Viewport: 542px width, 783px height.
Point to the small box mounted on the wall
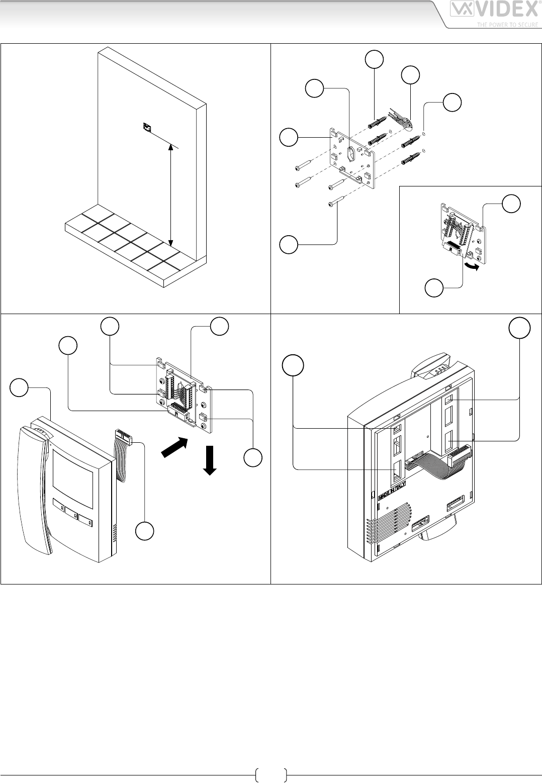pyautogui.click(x=147, y=128)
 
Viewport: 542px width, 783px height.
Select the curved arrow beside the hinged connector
pyautogui.click(x=471, y=265)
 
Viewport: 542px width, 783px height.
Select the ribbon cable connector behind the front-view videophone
pyautogui.click(x=123, y=436)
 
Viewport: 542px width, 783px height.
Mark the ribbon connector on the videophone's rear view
pyautogui.click(x=460, y=455)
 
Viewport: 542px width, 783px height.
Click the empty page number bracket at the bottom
pyautogui.click(x=271, y=775)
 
